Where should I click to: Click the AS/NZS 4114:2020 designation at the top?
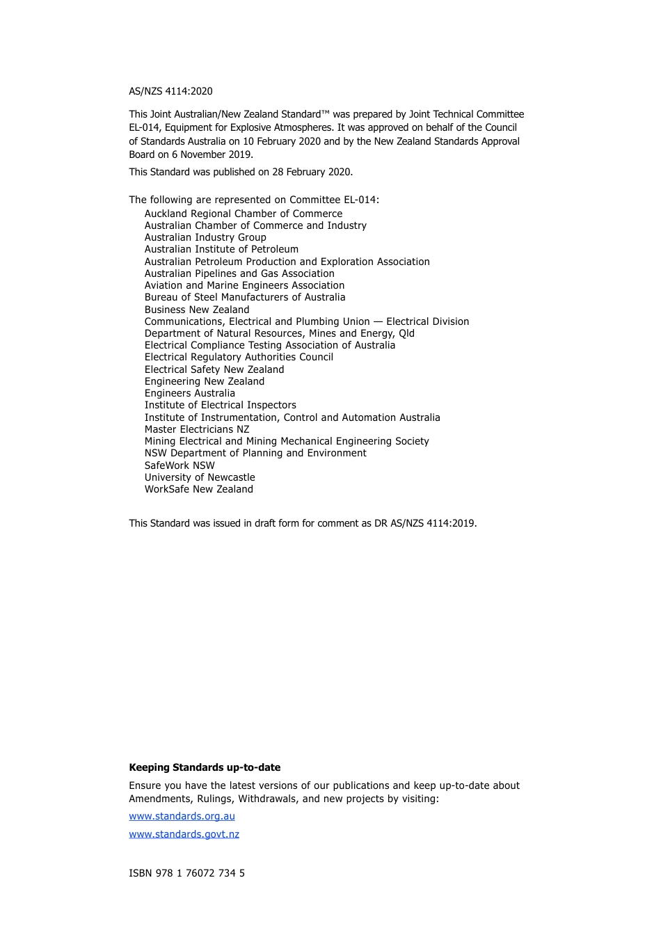(170, 91)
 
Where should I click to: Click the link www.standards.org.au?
(182, 816)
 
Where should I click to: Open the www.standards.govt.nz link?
(184, 834)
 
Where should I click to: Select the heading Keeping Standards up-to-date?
(205, 767)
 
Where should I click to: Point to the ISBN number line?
(186, 873)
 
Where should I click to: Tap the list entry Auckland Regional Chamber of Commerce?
(244, 214)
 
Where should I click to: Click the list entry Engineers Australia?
(190, 393)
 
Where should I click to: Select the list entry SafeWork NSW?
(180, 465)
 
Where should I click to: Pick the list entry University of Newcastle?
(200, 477)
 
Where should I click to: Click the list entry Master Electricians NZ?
(197, 429)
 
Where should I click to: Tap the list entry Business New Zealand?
(197, 310)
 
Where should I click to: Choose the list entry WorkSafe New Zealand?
(199, 489)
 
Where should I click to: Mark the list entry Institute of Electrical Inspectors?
(221, 405)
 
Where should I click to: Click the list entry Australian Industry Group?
(205, 237)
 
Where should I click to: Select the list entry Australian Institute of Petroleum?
(221, 249)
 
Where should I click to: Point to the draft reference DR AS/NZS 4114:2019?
(424, 523)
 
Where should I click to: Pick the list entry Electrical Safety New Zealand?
(214, 369)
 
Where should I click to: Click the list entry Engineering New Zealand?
(205, 381)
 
